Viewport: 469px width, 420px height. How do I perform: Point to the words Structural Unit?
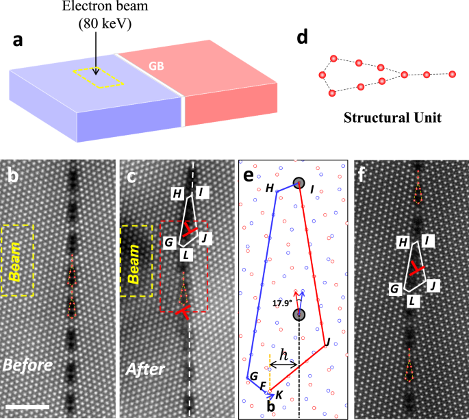pyautogui.click(x=390, y=117)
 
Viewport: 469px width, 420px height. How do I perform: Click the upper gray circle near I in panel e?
pyautogui.click(x=299, y=183)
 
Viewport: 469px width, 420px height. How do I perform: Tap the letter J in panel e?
pyautogui.click(x=328, y=341)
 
